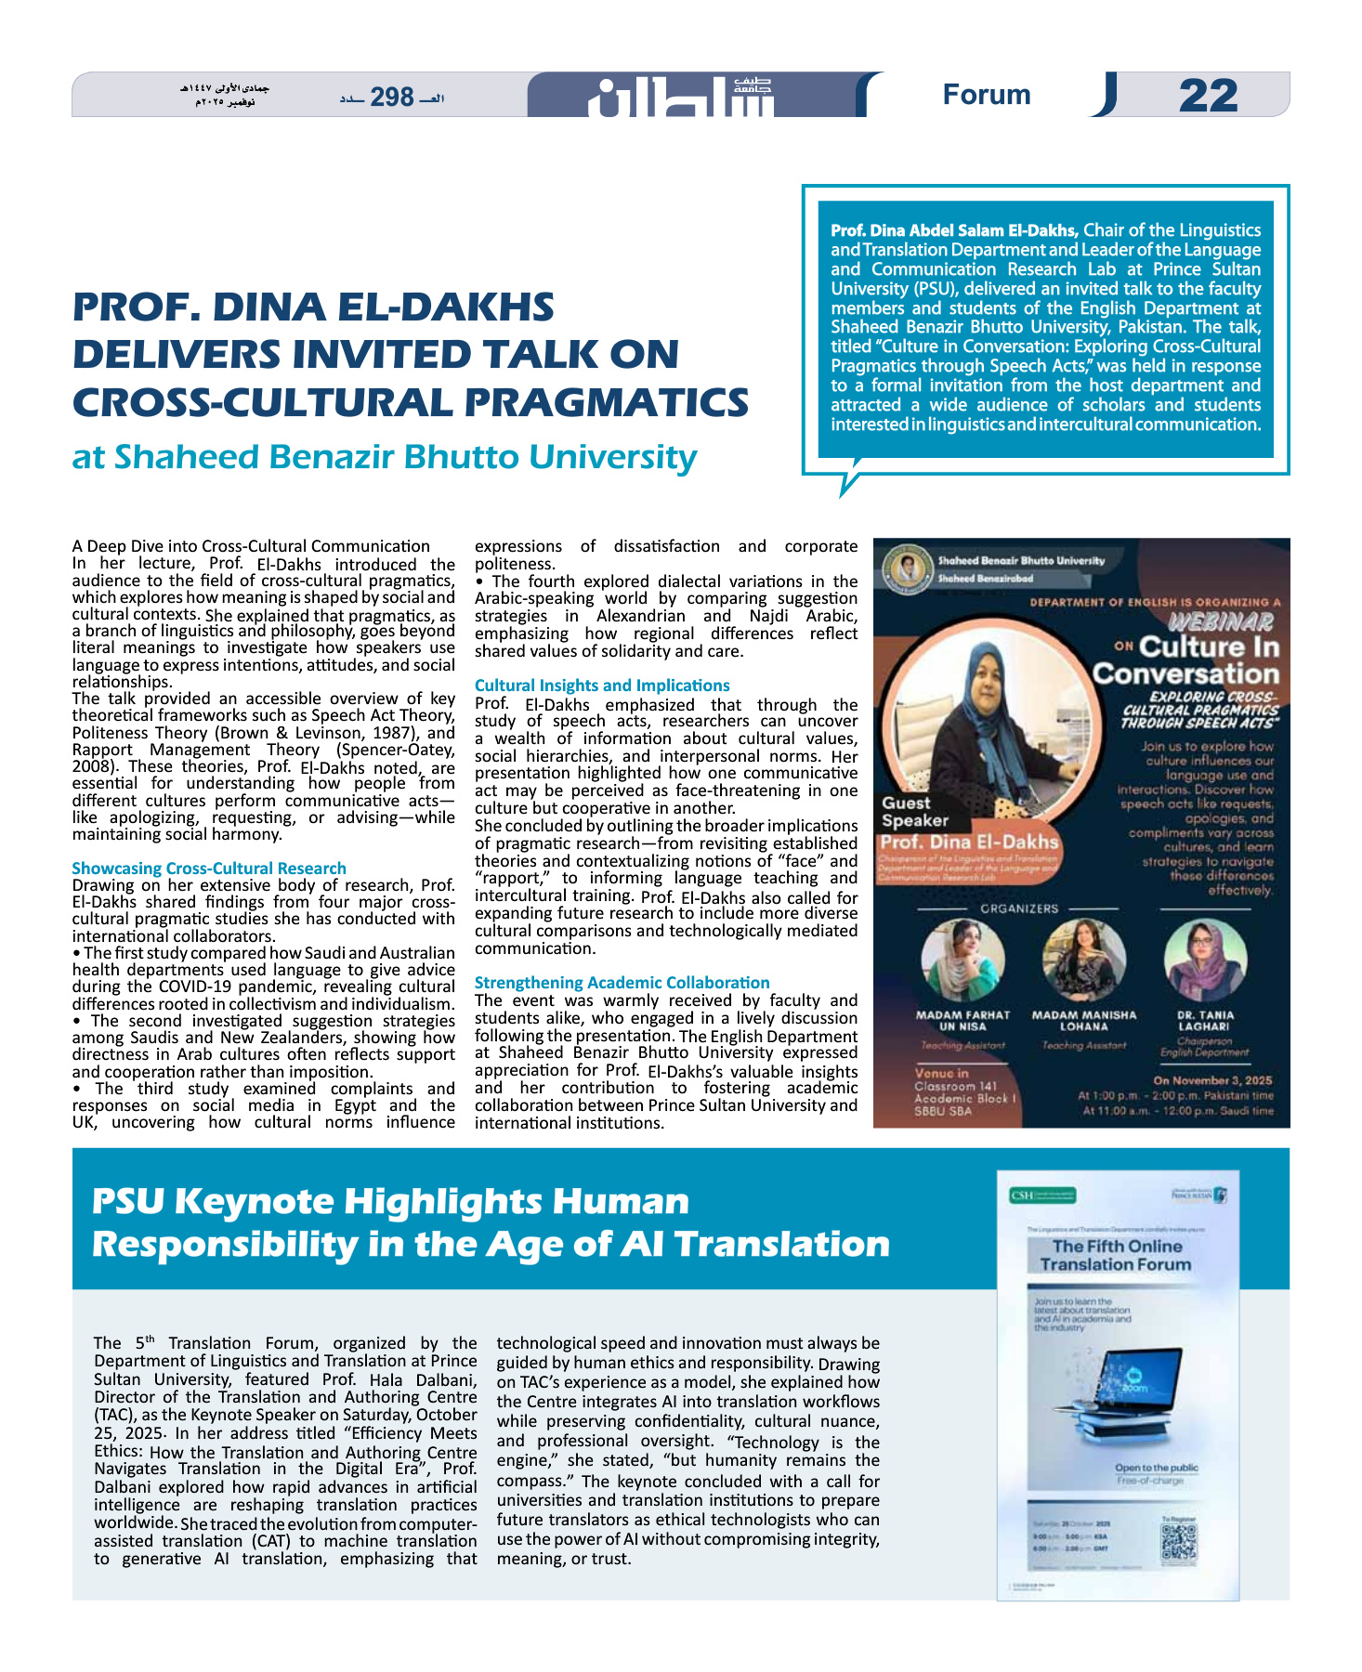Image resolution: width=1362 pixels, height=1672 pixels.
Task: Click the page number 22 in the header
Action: pyautogui.click(x=1208, y=96)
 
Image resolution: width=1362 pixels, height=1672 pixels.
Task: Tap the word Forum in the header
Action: pyautogui.click(x=987, y=95)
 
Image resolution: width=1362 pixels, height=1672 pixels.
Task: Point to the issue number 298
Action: pyautogui.click(x=392, y=97)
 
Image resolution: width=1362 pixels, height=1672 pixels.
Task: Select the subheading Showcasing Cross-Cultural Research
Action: pyautogui.click(x=209, y=868)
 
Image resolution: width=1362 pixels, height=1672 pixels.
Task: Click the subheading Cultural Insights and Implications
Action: pyautogui.click(x=602, y=685)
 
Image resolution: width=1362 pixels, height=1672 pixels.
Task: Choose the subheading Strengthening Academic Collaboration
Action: pyautogui.click(x=622, y=982)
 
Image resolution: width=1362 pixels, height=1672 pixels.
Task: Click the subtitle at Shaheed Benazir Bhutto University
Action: pyautogui.click(x=385, y=457)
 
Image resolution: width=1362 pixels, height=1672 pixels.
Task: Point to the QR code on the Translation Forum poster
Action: pyautogui.click(x=1179, y=1543)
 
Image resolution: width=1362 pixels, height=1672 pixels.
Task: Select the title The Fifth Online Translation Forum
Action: pyautogui.click(x=1116, y=1255)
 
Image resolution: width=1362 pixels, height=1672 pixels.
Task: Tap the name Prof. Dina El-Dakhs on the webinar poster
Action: pyautogui.click(x=969, y=842)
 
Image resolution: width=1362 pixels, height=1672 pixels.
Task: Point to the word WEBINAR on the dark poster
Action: pyautogui.click(x=1221, y=621)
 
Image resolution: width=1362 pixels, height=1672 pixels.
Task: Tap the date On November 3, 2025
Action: pyautogui.click(x=1212, y=1080)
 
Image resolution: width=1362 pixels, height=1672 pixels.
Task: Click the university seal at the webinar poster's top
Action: pyautogui.click(x=906, y=567)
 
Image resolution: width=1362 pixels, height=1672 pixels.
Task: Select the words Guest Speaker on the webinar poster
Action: pyautogui.click(x=914, y=811)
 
